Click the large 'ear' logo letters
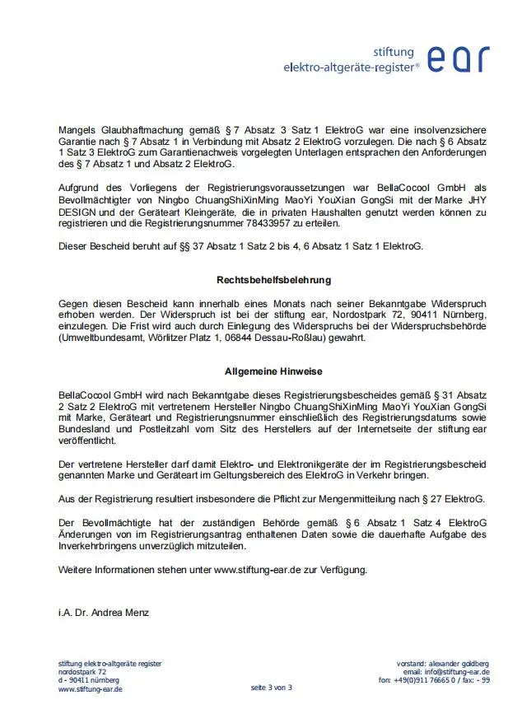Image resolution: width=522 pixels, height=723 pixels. [459, 58]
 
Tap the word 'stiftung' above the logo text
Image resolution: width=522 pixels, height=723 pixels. [394, 51]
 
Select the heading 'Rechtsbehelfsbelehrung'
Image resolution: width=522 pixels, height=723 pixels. [274, 280]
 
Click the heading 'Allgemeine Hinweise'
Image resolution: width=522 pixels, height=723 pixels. [274, 371]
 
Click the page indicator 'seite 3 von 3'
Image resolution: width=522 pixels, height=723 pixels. [272, 688]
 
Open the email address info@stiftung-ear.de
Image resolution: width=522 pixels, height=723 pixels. [457, 672]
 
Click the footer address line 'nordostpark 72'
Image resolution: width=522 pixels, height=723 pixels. [82, 672]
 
